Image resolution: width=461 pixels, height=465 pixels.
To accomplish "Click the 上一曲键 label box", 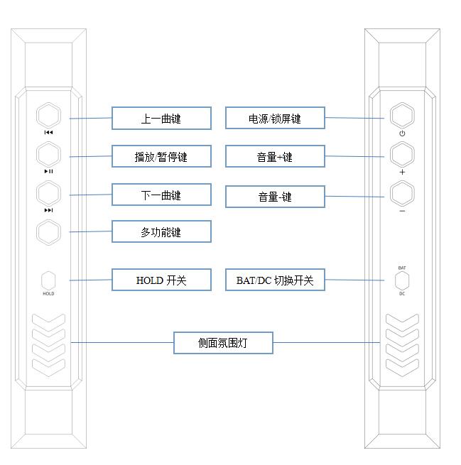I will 161,119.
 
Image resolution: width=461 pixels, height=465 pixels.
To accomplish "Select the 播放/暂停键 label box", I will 161,157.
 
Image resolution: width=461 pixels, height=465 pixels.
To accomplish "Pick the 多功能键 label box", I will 161,231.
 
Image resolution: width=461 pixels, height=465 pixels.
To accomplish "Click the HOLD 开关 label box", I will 161,280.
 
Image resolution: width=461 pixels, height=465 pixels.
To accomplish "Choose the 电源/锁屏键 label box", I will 275,119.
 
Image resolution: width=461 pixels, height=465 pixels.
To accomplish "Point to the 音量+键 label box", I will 275,157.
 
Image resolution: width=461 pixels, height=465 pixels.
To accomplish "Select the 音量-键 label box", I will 275,197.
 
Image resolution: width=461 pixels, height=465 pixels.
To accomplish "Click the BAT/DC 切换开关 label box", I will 275,280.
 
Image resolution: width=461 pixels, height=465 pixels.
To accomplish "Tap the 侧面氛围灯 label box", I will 223,343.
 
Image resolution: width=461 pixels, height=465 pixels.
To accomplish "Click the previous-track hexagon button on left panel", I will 48,116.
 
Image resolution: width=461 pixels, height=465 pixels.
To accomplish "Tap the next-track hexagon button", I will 48,194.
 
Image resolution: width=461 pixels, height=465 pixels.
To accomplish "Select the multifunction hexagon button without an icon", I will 48,232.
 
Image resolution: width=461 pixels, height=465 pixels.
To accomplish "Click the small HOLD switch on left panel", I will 48,280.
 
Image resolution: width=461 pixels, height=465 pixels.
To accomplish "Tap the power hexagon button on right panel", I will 402,116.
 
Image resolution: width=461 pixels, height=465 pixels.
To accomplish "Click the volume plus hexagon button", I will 402,155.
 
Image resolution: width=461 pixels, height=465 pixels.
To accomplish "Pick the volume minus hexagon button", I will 402,193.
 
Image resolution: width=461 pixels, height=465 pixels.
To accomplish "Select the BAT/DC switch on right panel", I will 402,280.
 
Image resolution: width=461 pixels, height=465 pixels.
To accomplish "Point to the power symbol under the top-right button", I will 402,133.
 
